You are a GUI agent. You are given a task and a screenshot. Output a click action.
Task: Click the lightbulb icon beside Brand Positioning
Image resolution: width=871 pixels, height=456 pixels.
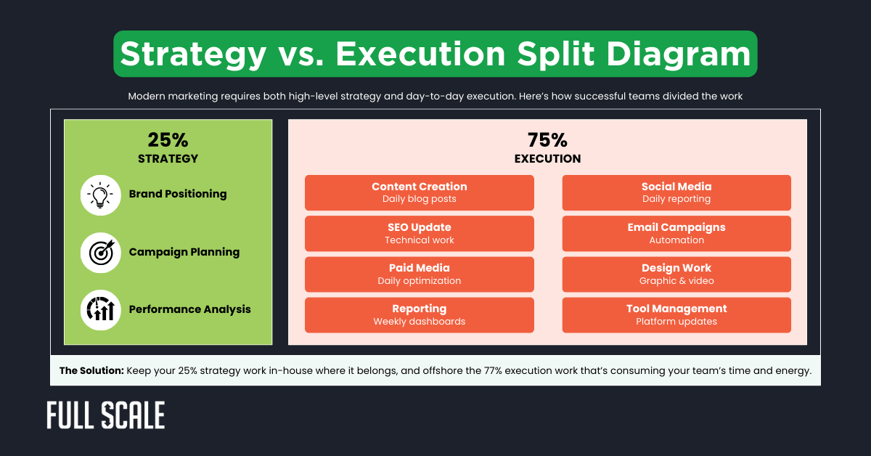[x=100, y=195]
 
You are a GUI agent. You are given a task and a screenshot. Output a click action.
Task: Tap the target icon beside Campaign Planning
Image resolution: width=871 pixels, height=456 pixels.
[x=100, y=253]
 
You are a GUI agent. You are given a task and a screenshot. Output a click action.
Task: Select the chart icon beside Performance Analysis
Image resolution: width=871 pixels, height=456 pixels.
[x=100, y=310]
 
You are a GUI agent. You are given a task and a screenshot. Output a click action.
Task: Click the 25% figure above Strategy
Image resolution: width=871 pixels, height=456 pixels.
[x=168, y=140]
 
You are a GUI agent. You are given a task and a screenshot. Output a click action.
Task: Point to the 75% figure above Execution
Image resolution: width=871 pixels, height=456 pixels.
[x=547, y=140]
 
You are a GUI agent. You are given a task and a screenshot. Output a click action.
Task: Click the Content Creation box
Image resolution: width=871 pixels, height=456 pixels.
[x=419, y=192]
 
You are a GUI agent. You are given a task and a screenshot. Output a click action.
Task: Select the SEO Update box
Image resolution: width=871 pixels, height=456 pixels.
[x=419, y=233]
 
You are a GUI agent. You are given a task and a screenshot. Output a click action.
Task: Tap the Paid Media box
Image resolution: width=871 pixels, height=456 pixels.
[x=419, y=274]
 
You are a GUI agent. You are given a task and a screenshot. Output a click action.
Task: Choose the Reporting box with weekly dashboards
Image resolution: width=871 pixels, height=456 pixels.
[x=419, y=314]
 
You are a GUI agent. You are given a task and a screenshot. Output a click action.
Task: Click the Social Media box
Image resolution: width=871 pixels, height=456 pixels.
[x=676, y=192]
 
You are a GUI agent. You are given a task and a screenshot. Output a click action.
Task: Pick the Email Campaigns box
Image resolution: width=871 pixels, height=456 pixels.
[x=676, y=233]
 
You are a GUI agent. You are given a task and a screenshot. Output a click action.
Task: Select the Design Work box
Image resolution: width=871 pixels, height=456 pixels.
[x=676, y=274]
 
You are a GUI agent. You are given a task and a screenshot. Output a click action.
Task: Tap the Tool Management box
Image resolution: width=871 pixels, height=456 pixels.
[x=676, y=314]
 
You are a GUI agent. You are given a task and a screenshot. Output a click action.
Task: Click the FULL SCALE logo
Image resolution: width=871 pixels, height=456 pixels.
[x=106, y=415]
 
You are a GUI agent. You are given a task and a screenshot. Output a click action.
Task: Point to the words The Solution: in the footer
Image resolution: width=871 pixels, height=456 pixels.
[x=91, y=370]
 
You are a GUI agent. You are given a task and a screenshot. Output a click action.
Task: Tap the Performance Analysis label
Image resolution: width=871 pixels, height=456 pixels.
[x=189, y=309]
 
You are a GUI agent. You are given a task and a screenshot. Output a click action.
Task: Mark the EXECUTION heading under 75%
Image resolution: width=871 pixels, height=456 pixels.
[x=547, y=158]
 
